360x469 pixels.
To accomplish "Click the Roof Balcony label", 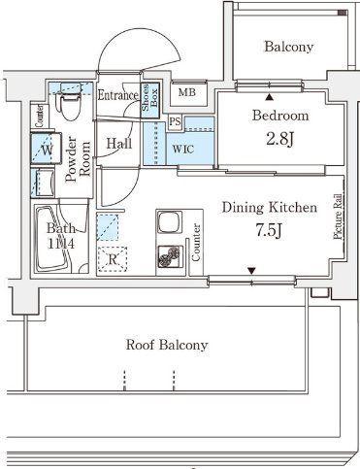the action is (167, 345).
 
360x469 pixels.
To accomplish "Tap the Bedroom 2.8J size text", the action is (280, 139).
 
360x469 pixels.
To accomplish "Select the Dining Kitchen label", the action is (270, 208).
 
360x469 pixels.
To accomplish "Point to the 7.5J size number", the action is (269, 230).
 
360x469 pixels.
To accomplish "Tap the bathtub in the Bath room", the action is (52, 239).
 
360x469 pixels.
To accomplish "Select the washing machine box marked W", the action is (47, 149).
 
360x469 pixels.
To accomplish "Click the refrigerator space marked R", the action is (113, 259).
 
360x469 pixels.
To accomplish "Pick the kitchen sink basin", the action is (169, 222).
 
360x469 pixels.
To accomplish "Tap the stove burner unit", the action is (169, 256).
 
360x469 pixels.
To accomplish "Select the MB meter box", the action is (188, 93).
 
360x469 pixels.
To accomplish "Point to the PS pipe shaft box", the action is (175, 122).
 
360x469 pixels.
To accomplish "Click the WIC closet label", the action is (183, 150).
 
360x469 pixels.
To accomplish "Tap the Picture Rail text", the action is (338, 217).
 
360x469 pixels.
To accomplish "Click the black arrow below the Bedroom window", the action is (269, 96).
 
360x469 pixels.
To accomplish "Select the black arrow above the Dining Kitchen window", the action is (251, 270).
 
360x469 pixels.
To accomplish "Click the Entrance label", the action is (118, 95).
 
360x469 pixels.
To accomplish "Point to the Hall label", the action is (119, 143).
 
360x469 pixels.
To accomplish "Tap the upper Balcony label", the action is (289, 47).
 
